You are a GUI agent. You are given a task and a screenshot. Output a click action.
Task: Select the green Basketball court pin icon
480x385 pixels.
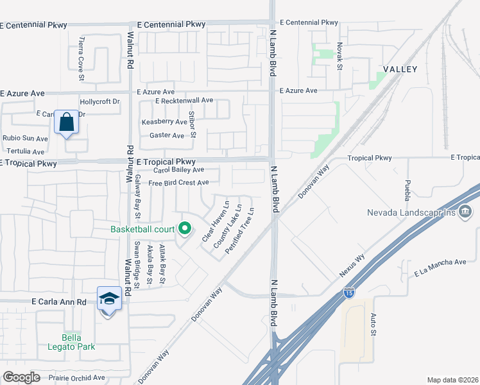pyautogui.click(x=185, y=228)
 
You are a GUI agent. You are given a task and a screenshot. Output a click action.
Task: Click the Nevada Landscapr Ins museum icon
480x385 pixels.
pyautogui.click(x=466, y=211)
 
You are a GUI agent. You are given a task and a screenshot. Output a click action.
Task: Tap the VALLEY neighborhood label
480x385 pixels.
pyautogui.click(x=400, y=69)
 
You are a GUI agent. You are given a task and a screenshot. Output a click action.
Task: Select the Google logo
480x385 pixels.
pyautogui.click(x=21, y=377)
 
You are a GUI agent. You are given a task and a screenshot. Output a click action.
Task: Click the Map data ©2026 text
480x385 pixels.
pyautogui.click(x=453, y=380)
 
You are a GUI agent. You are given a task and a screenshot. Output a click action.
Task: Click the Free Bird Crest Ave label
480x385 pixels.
pyautogui.click(x=178, y=183)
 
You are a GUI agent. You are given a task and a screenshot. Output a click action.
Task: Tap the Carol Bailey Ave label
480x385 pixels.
pyautogui.click(x=178, y=170)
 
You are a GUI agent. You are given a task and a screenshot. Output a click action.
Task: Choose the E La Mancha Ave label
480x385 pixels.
pyautogui.click(x=440, y=267)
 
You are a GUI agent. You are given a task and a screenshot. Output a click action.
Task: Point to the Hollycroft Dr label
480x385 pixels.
pyautogui.click(x=99, y=101)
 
